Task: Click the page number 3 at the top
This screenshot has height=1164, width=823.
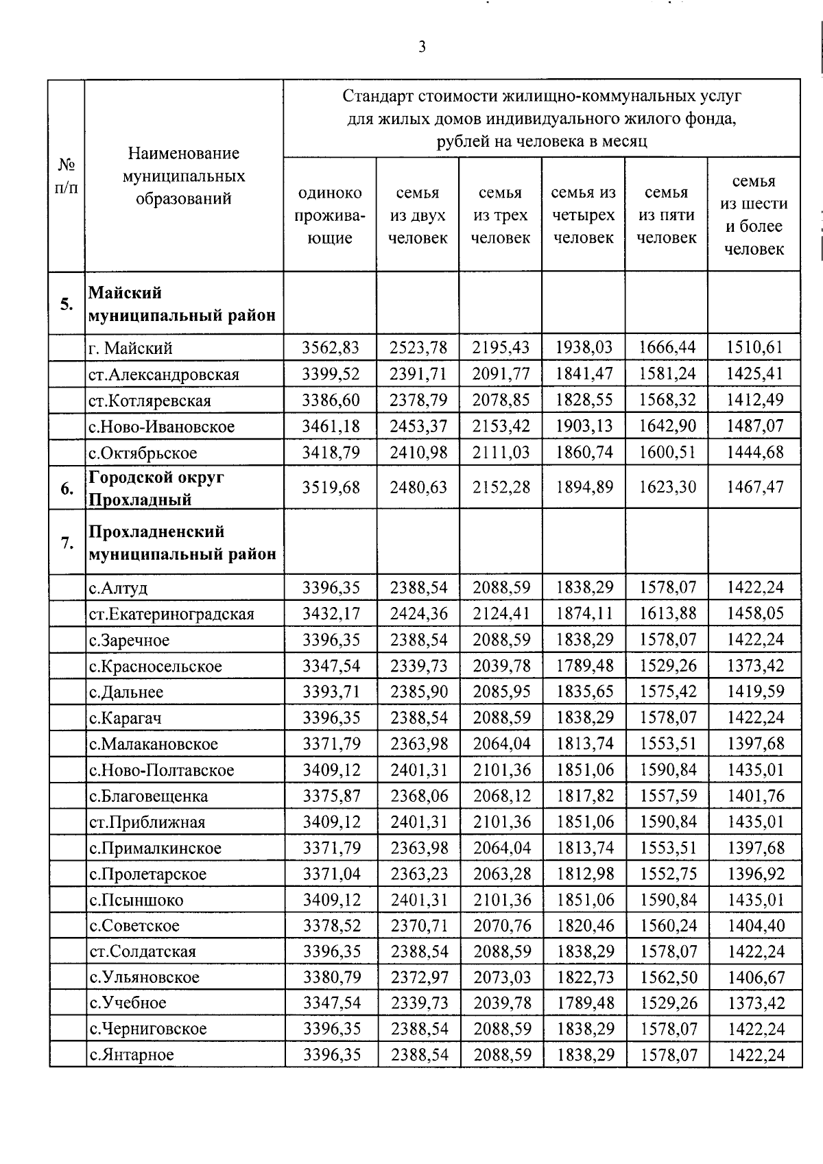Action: click(x=421, y=47)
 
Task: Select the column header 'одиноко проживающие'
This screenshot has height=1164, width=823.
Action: click(x=330, y=215)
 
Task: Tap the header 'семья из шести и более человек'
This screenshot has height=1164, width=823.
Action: click(x=754, y=215)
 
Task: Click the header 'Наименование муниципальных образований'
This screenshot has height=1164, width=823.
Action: click(x=184, y=176)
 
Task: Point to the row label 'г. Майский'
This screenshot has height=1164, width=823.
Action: click(x=130, y=348)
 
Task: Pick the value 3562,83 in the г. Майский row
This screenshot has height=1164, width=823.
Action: click(x=331, y=348)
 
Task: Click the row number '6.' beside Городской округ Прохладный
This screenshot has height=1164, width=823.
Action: click(x=67, y=488)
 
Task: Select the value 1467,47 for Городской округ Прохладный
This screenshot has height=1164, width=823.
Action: click(x=754, y=487)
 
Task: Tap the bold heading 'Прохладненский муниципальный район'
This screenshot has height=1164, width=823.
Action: click(x=182, y=543)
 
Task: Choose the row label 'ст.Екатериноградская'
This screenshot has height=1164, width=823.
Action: click(x=171, y=614)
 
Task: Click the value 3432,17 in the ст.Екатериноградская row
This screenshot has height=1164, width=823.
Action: click(x=331, y=613)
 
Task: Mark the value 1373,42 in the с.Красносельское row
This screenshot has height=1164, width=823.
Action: click(x=756, y=665)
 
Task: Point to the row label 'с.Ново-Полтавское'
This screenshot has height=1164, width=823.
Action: click(x=162, y=770)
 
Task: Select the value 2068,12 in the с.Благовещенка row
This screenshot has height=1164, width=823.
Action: click(x=501, y=796)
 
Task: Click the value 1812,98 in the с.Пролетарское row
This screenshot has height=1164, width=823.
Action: click(x=585, y=874)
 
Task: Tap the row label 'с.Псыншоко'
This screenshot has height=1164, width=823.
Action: click(x=136, y=900)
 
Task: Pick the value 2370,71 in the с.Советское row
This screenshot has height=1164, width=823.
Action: click(x=419, y=925)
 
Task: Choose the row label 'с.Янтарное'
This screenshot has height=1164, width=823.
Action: click(x=132, y=1055)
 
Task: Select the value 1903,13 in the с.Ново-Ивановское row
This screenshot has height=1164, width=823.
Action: click(x=584, y=426)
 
